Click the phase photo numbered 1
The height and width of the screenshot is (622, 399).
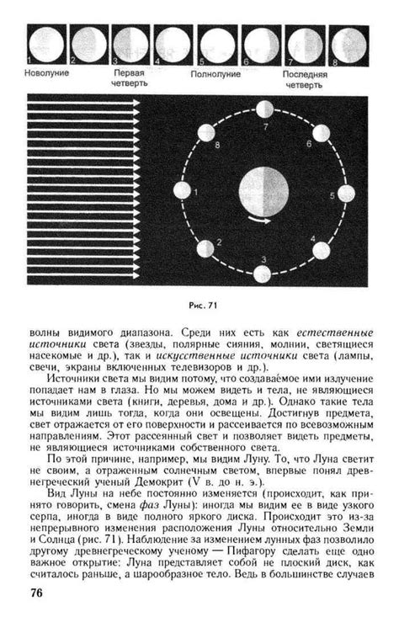coord(45,44)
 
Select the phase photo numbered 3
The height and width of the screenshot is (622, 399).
coord(130,44)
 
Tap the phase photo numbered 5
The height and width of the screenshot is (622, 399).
coord(216,44)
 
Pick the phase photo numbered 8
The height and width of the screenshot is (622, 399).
coord(347,44)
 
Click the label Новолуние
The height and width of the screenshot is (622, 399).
coord(47,73)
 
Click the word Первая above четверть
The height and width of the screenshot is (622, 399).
coord(130,73)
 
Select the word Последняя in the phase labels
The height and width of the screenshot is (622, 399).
coord(303,73)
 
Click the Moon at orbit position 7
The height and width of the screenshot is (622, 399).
coord(264,109)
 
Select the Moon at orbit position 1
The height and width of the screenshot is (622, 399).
coord(182,192)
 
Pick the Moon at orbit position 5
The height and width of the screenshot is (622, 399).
coord(344,194)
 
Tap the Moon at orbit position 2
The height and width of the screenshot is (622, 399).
coord(205,248)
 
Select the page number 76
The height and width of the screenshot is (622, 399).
coord(38,593)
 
